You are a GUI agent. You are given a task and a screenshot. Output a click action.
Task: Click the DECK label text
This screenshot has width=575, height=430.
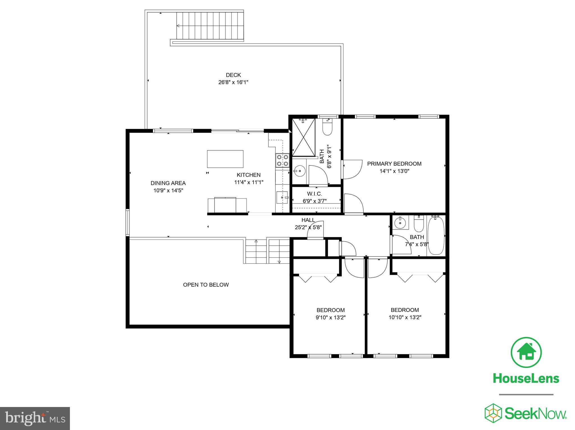coord(233,75)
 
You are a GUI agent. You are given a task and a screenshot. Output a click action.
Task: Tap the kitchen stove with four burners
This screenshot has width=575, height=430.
coord(282,160)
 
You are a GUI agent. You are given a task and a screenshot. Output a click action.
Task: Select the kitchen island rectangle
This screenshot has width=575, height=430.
coord(225,159)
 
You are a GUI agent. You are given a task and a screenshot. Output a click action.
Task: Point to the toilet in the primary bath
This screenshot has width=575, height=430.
coord(327,128)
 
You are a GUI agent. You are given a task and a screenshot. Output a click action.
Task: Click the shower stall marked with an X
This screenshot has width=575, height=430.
coord(304,137)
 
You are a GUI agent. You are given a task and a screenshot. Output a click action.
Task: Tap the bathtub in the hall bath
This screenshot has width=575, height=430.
coord(436,236)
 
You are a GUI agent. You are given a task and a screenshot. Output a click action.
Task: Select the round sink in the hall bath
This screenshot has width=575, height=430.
coord(400,223)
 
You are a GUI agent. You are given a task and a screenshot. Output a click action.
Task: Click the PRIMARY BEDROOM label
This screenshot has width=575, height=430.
coord(394,164)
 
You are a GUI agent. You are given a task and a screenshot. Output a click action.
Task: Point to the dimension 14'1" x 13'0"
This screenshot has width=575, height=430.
coord(394,171)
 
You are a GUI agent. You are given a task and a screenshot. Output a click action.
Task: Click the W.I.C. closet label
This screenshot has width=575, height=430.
coord(314,194)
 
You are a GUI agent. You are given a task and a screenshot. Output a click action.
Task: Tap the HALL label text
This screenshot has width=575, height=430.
coord(308,220)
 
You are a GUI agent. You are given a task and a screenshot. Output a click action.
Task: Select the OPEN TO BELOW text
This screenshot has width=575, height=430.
coord(206,285)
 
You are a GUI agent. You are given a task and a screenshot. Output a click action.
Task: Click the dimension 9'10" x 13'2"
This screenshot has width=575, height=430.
coord(330,318)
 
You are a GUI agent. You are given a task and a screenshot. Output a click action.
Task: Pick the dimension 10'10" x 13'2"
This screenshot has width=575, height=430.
coord(405,318)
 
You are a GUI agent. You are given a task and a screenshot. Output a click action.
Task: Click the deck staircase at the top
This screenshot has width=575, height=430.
coord(210,26)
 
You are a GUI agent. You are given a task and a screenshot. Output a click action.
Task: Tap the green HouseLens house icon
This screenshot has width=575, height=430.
coord(526,353)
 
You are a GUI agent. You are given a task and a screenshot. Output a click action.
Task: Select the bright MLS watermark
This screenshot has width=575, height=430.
coord(35,418)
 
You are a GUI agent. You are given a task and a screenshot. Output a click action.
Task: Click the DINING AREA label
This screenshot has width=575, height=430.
coord(168,183)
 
